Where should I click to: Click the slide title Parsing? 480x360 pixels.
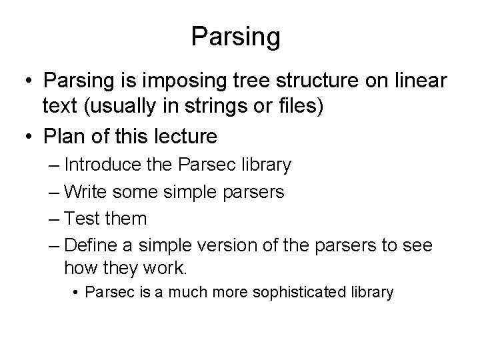tap(235, 37)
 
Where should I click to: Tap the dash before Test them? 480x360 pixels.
tap(55, 219)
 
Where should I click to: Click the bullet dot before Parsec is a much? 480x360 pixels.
tap(77, 292)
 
